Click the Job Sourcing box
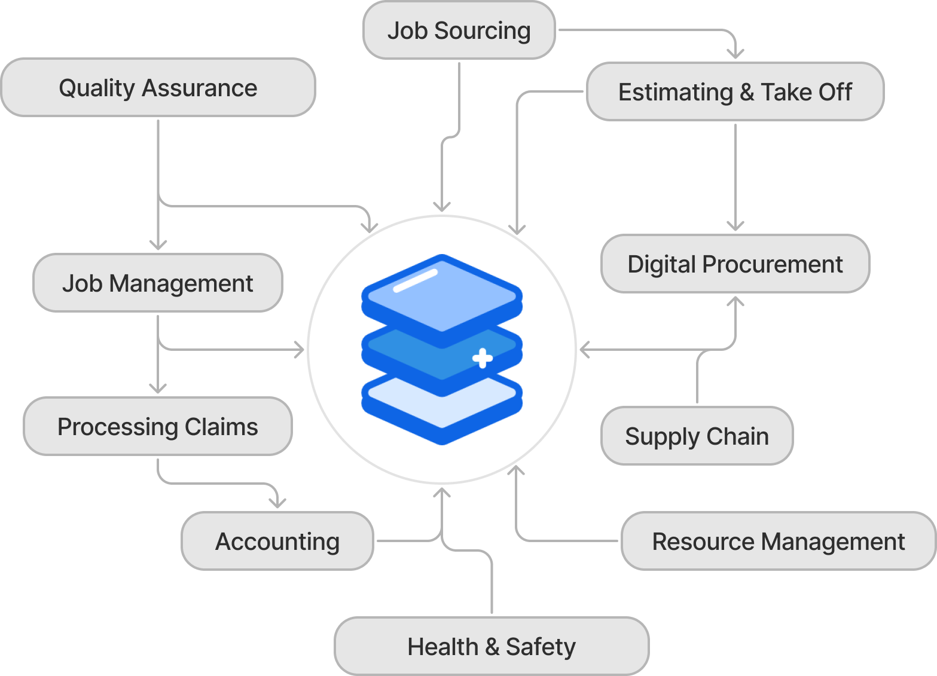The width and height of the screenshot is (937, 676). point(459,30)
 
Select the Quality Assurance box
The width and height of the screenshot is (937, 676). point(158,88)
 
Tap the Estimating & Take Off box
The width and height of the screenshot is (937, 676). point(735,92)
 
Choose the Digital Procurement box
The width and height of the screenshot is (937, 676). point(735,264)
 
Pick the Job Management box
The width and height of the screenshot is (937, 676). point(157,283)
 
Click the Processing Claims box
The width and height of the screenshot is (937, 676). point(157,427)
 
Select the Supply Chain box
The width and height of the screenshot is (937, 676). point(697,436)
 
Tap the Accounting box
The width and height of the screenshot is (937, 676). point(277,542)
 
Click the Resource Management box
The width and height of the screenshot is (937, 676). point(778,542)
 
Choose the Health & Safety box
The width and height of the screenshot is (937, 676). point(491,647)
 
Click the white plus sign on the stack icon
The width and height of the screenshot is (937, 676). point(482,358)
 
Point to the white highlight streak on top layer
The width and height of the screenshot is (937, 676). point(416,280)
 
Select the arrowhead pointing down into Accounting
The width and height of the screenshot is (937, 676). point(277,503)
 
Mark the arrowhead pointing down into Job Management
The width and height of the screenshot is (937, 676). point(158,244)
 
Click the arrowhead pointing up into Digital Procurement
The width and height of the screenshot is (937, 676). point(735,302)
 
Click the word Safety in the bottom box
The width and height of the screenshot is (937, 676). point(541,647)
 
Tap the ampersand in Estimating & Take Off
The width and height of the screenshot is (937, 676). point(746,93)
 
